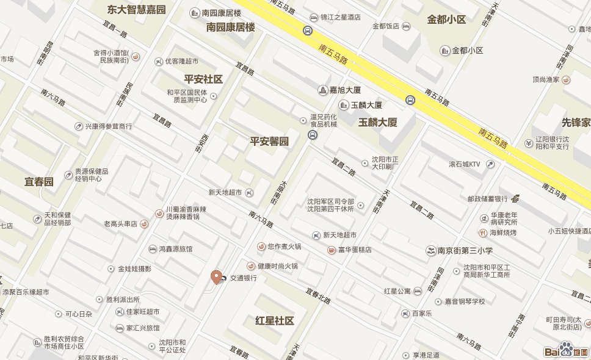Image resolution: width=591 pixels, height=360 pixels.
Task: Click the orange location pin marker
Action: (x=216, y=276)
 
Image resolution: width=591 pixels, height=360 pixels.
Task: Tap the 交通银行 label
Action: (x=243, y=278)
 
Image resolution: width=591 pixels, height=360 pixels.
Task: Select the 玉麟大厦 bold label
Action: (x=378, y=122)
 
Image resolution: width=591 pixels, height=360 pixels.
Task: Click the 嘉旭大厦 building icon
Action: (x=322, y=90)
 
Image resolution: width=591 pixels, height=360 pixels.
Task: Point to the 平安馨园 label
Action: (x=269, y=142)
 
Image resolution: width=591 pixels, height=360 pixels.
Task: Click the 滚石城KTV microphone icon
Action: (x=490, y=164)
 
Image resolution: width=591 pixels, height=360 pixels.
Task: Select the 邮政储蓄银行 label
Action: (x=488, y=198)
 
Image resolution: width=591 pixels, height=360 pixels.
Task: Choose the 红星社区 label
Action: (x=275, y=321)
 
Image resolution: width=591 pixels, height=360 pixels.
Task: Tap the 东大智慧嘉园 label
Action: (x=136, y=10)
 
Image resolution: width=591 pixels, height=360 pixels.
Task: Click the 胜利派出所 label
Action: (x=123, y=300)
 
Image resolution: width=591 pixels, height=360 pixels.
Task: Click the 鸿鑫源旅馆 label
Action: (x=176, y=249)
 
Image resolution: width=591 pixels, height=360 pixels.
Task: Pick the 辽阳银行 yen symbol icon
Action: (x=528, y=143)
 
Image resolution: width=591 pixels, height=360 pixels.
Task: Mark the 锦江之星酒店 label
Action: (x=340, y=18)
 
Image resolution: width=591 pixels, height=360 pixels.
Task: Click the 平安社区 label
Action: (x=203, y=79)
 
